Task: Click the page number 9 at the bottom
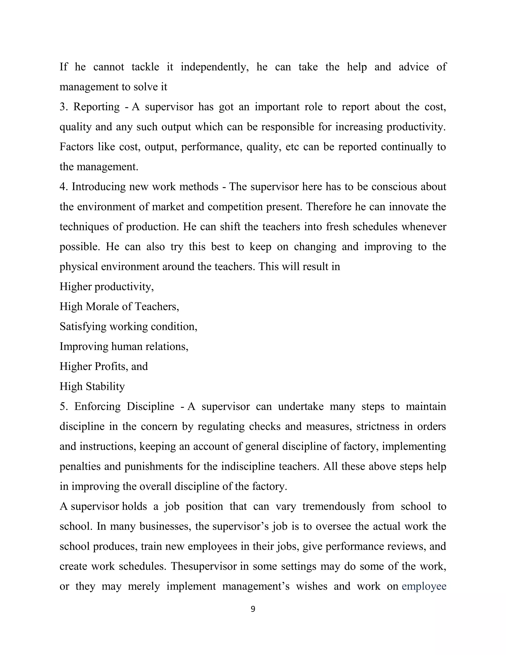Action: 253,609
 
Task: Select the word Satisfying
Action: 83,326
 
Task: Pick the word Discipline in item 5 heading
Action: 150,406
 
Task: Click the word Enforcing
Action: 97,406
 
